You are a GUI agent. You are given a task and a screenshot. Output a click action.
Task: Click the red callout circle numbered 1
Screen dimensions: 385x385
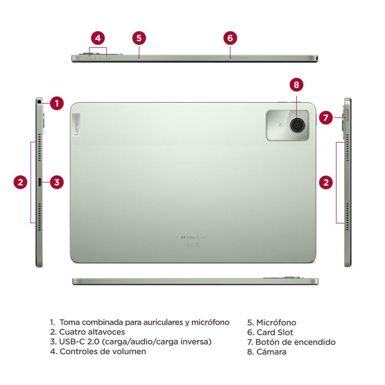coord(57,103)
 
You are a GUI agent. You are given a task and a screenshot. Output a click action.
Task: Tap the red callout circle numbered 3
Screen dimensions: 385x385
coord(57,182)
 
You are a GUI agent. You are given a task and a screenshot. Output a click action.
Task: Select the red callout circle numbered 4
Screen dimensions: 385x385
coord(98,38)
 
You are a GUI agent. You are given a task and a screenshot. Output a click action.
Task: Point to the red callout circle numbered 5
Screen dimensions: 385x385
coord(139,38)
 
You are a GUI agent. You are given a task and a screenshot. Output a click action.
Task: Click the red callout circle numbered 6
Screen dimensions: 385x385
coord(230,38)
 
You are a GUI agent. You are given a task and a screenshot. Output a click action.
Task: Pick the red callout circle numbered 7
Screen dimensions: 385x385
coord(326,117)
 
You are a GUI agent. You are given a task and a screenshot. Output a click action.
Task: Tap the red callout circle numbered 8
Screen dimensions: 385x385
coord(296,85)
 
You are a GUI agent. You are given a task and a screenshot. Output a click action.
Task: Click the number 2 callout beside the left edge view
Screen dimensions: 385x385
coord(21,182)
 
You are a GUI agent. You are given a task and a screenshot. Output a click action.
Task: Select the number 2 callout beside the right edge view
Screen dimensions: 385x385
coord(326,182)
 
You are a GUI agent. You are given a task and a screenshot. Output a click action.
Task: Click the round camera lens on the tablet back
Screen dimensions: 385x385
coord(297,125)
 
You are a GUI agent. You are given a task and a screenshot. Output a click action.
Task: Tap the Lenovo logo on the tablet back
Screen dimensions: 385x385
coord(76,125)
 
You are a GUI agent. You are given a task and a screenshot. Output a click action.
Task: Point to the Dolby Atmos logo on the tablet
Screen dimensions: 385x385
coord(193,238)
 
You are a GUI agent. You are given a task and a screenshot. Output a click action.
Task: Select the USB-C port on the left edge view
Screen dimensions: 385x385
coord(40,182)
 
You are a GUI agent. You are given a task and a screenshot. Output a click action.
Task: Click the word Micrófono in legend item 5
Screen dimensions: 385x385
coord(276,323)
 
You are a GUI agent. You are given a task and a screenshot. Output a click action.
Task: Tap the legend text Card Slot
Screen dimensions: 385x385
coord(275,332)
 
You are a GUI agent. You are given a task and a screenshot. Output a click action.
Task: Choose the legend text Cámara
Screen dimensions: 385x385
coord(271,352)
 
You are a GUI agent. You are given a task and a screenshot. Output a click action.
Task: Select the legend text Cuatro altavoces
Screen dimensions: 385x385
coord(92,332)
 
